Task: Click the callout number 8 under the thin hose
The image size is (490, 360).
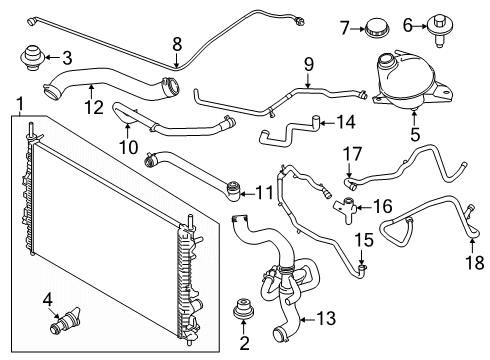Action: (x=177, y=43)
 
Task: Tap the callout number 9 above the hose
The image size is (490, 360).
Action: (x=309, y=65)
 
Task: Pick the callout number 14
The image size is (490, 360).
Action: (x=345, y=122)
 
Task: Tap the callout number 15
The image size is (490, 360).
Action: (x=364, y=240)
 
